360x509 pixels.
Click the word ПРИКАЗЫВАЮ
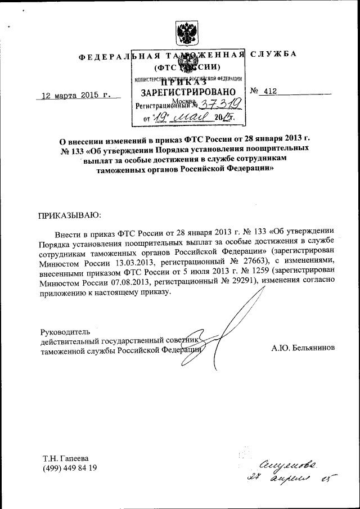[x=69, y=215]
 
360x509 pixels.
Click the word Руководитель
[x=65, y=331]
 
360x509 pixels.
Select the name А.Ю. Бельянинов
[x=303, y=348]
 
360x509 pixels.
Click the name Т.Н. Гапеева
[x=66, y=458]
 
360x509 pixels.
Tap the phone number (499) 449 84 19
[x=70, y=468]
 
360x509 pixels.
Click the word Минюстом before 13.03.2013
[x=62, y=265]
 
